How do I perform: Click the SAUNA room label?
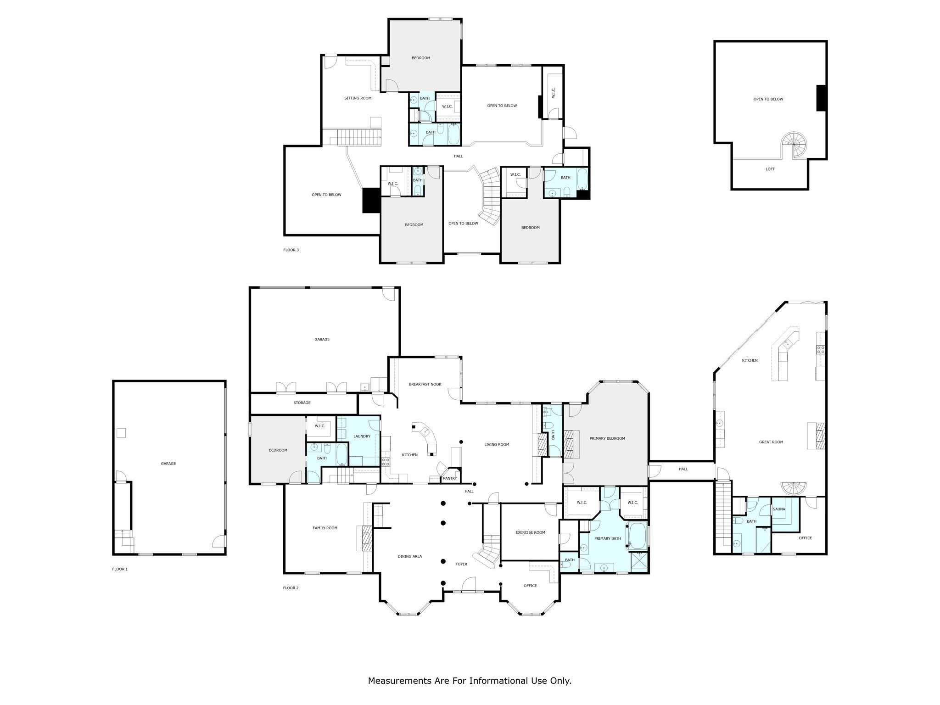tap(779, 509)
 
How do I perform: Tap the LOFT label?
tap(770, 169)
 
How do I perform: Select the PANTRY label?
tap(450, 478)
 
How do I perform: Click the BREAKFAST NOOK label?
tap(425, 384)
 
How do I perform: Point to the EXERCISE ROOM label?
tap(530, 532)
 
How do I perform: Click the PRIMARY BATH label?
tap(607, 538)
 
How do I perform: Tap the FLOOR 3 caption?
tap(291, 250)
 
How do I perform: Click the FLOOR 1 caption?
tap(120, 569)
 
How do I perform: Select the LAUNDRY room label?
tap(362, 436)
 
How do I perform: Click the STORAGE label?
tap(302, 403)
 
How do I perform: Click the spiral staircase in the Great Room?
tap(794, 488)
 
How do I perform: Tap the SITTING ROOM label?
tap(358, 98)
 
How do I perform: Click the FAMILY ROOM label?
tap(325, 528)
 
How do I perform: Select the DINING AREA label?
tap(409, 556)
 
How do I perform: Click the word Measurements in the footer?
tap(400, 681)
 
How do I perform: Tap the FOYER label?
tap(461, 564)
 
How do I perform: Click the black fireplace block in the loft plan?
tap(821, 98)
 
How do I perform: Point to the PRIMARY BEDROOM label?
tap(607, 438)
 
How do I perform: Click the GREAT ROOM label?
tap(771, 442)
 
